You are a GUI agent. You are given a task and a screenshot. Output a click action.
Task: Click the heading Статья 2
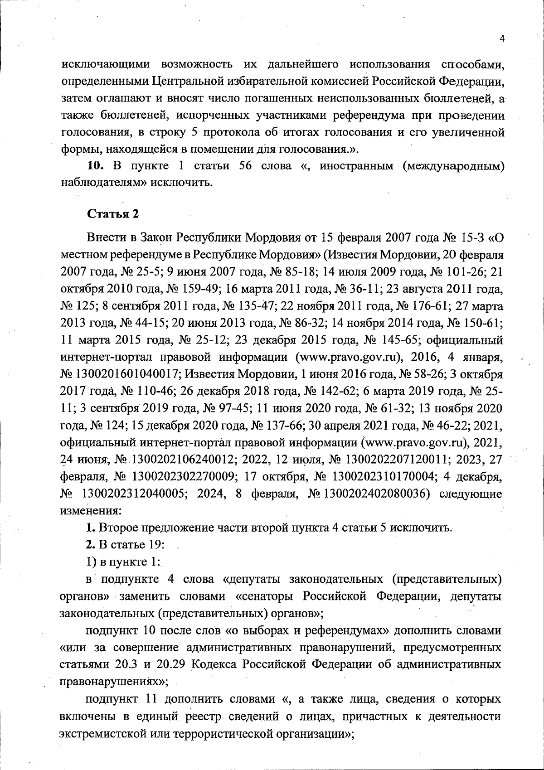click(113, 213)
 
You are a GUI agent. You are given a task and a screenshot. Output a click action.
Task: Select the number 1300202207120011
click(402, 460)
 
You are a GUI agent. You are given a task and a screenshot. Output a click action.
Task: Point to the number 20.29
click(171, 664)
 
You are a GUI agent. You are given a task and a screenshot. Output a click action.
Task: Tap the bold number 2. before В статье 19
click(90, 545)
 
